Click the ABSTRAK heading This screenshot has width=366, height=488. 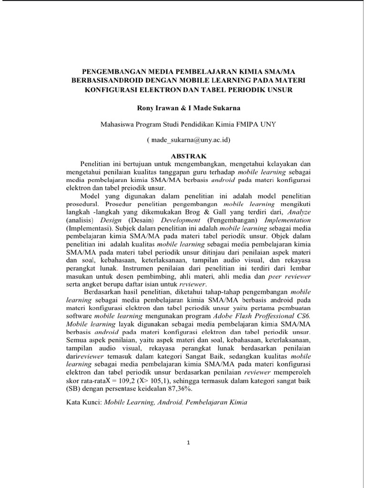(x=188, y=156)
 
